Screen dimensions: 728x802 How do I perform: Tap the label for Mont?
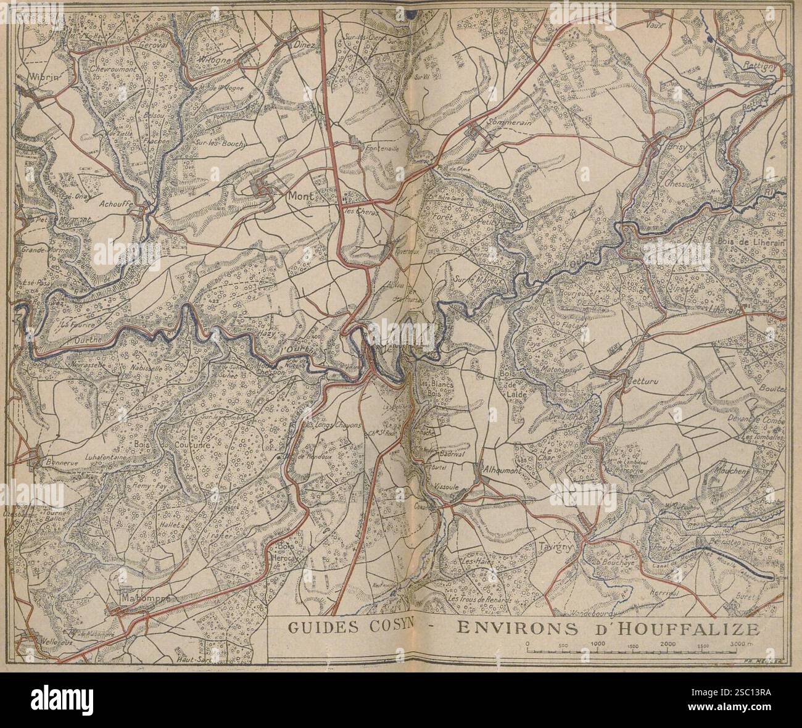300,196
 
